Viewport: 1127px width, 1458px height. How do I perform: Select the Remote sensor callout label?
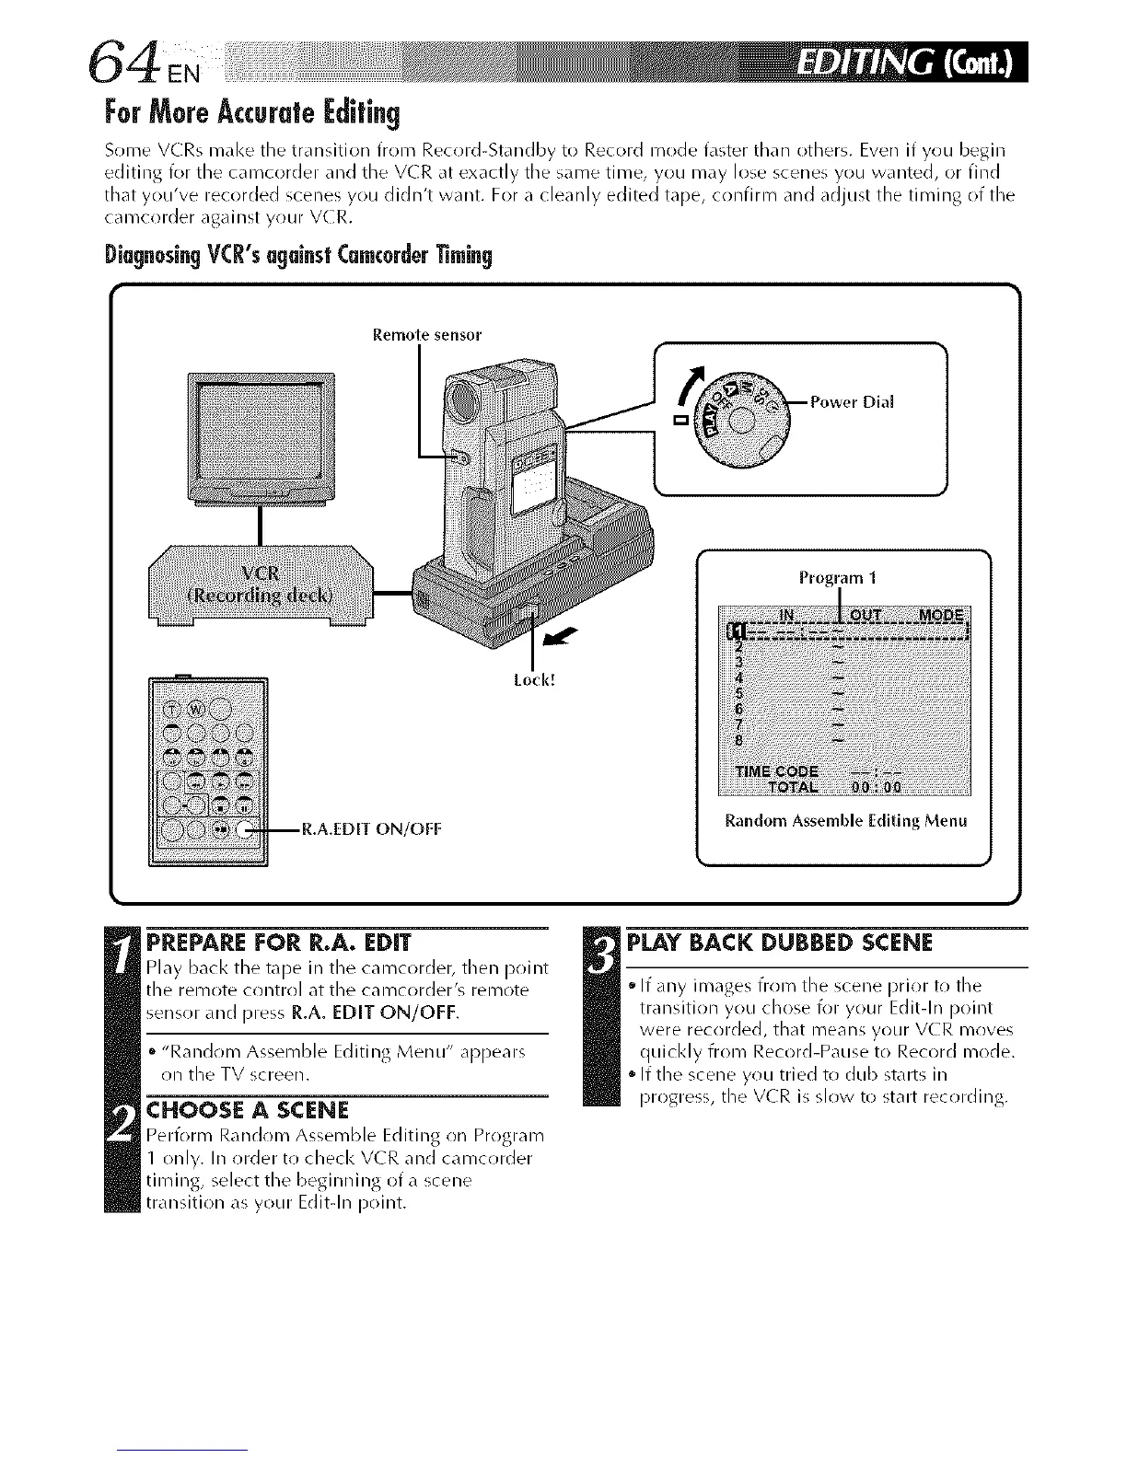(x=426, y=335)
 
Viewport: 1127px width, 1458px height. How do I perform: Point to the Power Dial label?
(x=854, y=401)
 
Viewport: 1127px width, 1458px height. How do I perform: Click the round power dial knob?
(x=743, y=424)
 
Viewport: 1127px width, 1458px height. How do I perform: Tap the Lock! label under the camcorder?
(x=533, y=680)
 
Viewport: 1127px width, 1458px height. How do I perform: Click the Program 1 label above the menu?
(x=837, y=578)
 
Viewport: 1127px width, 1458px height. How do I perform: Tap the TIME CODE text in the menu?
(x=779, y=769)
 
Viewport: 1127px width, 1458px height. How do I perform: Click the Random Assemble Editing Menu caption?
(x=845, y=820)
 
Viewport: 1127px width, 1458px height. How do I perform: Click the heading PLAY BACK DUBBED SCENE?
(x=780, y=943)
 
